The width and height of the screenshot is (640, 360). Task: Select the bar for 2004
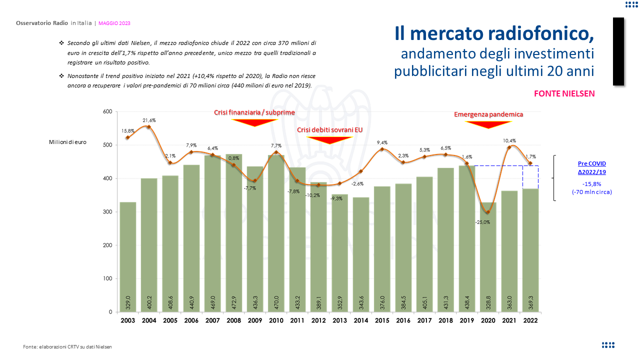pos(149,245)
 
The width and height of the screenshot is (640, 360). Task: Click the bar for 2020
pos(488,257)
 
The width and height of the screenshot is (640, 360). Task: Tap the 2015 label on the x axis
pos(382,320)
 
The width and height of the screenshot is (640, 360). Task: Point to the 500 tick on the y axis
pos(106,145)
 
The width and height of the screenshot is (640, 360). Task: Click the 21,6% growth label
pos(149,120)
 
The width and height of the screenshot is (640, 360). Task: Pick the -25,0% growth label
pos(487,222)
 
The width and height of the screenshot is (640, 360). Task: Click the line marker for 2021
pos(509,147)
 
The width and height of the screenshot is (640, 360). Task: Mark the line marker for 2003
pos(127,137)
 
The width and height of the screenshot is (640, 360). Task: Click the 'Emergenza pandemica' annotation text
pos(488,114)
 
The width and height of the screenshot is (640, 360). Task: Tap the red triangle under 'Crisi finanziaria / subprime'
pos(254,122)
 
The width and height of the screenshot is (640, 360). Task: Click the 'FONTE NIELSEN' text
pos(564,93)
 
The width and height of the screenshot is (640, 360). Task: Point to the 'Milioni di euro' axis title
pos(67,142)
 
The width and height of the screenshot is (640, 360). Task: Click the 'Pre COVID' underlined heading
pos(592,163)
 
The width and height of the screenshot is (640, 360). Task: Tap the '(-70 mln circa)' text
pos(592,191)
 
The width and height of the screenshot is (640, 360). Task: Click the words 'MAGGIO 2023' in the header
pos(114,23)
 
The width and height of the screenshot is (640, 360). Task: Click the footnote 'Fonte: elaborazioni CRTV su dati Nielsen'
pos(67,346)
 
